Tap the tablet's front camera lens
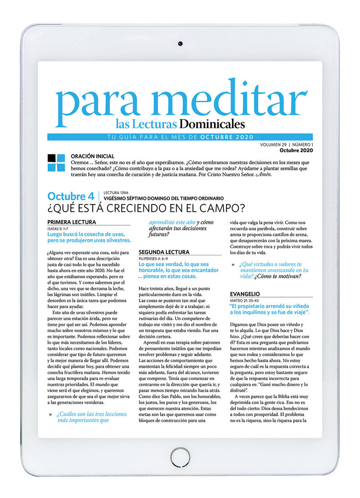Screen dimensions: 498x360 [x=180, y=43]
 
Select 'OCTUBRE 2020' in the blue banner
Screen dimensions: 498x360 [x=227, y=137]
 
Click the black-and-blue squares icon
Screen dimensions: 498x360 [x=56, y=163]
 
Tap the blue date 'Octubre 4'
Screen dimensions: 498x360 [x=71, y=196]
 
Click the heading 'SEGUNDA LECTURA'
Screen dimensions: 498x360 [x=164, y=252]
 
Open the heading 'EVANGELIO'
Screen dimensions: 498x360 [x=244, y=294]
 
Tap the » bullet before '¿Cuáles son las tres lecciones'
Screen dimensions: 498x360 [x=50, y=414]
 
